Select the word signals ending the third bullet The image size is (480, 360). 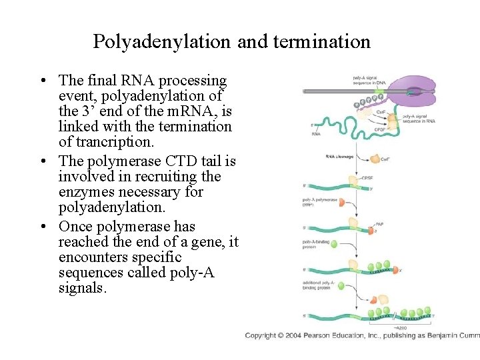[x=82, y=288]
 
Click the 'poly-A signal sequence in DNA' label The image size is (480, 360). [x=365, y=80]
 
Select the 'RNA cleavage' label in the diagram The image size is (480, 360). [x=339, y=157]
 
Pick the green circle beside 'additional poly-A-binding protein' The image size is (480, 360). [x=352, y=287]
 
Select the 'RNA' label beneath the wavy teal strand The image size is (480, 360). [x=316, y=134]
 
